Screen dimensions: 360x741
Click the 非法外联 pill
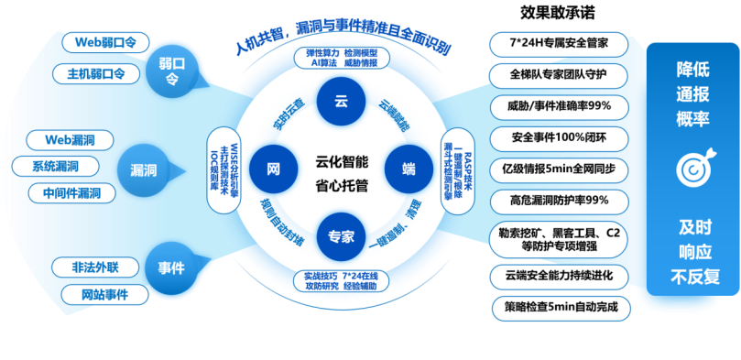95,267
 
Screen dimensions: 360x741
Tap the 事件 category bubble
170,268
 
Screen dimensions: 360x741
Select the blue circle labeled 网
273,169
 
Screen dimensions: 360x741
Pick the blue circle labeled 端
408,169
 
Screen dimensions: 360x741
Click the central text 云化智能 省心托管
341,171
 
